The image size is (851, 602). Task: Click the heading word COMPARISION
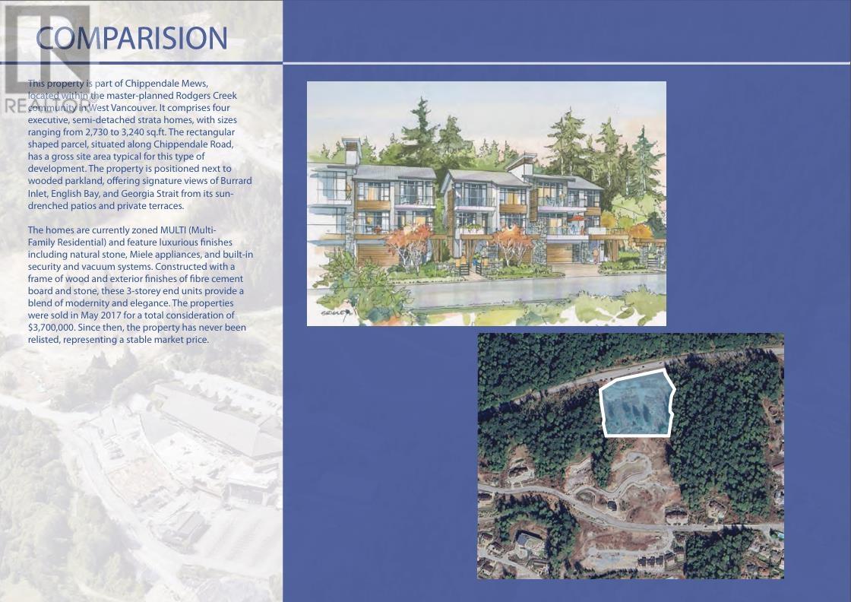point(131,38)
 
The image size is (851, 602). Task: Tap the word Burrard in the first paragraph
point(236,181)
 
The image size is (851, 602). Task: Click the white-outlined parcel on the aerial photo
point(637,403)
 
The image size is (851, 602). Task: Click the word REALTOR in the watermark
point(46,106)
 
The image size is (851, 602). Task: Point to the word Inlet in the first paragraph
point(38,194)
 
